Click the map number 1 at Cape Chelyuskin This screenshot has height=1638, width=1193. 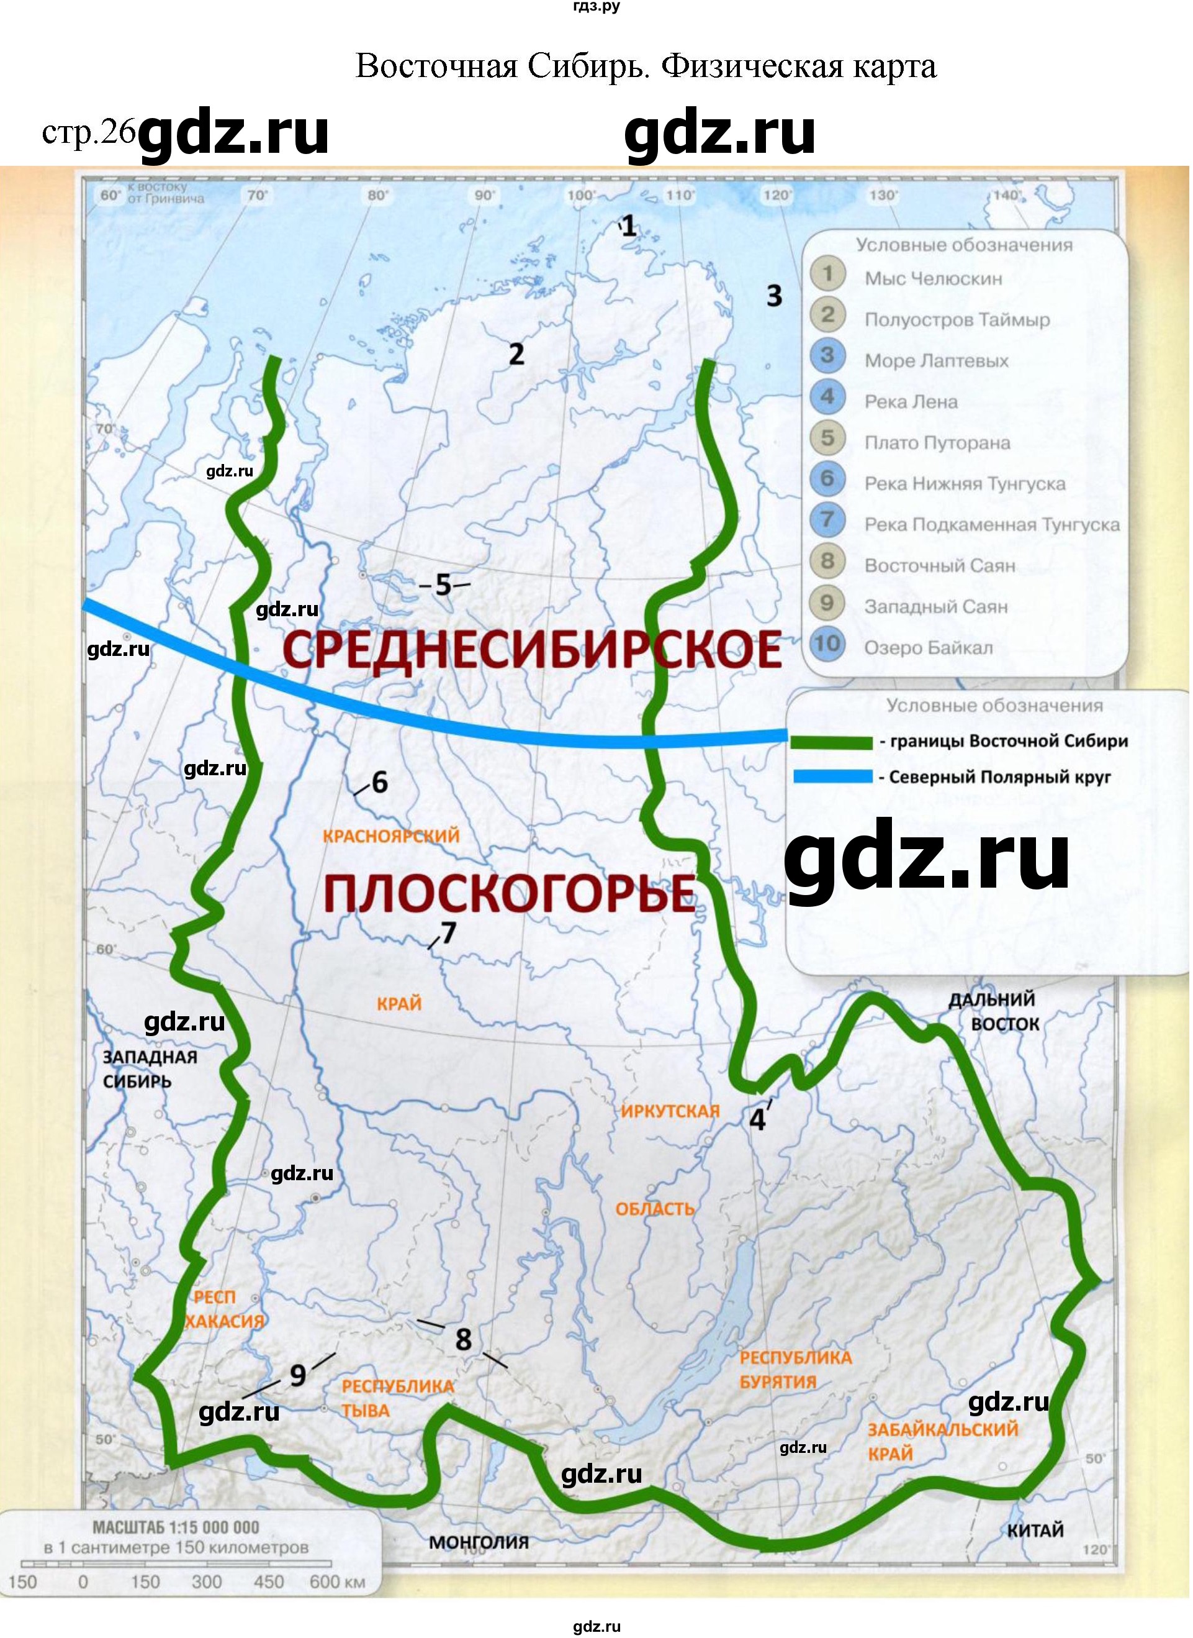coord(630,227)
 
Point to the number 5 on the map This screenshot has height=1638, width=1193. coord(443,585)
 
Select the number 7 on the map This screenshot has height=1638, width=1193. coord(448,934)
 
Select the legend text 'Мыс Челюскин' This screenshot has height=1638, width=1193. coord(934,279)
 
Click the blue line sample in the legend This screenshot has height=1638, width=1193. coord(831,778)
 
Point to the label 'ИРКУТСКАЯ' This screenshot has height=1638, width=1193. coord(671,1111)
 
